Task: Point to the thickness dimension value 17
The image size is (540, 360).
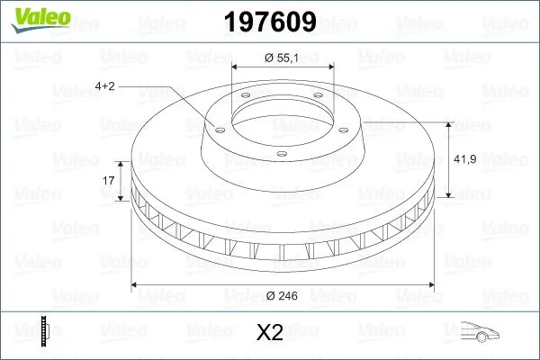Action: tap(109, 181)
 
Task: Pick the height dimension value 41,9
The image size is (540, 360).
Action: tap(466, 158)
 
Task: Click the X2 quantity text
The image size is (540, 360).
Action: tap(270, 333)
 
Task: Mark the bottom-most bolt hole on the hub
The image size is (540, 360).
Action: tap(282, 155)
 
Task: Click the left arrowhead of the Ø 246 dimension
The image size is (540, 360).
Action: tap(137, 285)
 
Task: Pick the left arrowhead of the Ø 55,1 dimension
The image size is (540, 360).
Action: tap(236, 67)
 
